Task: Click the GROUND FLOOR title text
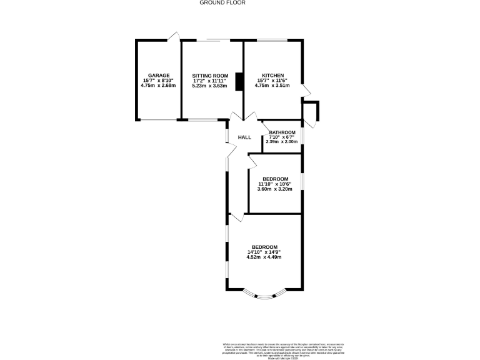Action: (222, 2)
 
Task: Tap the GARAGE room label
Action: (158, 75)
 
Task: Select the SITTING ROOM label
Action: (210, 75)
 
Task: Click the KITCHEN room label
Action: (273, 75)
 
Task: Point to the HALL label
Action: (244, 137)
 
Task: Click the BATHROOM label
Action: (282, 132)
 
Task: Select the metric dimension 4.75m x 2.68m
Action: (159, 86)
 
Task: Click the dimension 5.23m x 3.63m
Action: (210, 86)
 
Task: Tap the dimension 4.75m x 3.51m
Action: (273, 86)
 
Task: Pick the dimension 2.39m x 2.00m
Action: (282, 142)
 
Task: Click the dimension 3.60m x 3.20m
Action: (275, 189)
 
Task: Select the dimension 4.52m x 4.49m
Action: (264, 257)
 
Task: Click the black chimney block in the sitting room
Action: (238, 82)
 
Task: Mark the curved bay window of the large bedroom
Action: (264, 295)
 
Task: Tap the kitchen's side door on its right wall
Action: (306, 91)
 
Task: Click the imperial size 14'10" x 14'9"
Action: (264, 252)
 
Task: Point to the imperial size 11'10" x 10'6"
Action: (275, 184)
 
